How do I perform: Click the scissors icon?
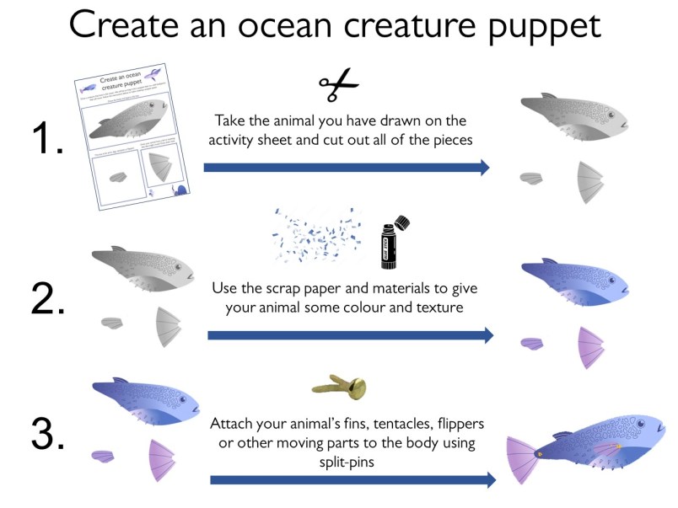tap(338, 84)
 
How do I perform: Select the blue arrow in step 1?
tap(347, 168)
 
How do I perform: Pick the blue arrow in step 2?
tap(350, 335)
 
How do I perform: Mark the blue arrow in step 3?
tap(352, 480)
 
